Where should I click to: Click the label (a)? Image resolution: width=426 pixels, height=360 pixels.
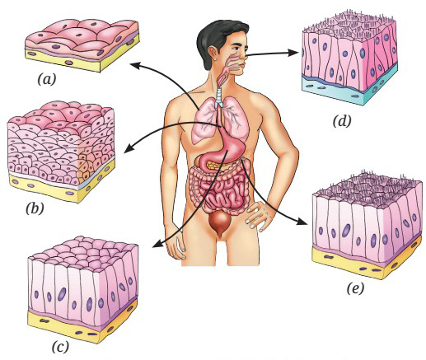[47, 79]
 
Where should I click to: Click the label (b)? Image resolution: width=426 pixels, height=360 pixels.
[35, 208]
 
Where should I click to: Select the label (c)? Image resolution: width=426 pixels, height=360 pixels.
[60, 347]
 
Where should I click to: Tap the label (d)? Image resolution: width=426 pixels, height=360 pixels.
[342, 121]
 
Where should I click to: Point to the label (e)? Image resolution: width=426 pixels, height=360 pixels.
[355, 288]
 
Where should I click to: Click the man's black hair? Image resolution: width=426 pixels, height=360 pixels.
[217, 39]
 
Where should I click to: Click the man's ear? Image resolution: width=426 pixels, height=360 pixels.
[213, 54]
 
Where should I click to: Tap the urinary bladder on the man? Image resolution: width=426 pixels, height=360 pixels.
[219, 222]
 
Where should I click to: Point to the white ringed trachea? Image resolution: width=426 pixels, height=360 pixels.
[219, 98]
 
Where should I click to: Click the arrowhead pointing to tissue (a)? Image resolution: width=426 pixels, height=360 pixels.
[134, 65]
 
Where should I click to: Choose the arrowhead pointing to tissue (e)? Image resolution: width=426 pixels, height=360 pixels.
[302, 221]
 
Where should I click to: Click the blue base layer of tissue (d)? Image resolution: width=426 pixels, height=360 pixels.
[349, 89]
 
